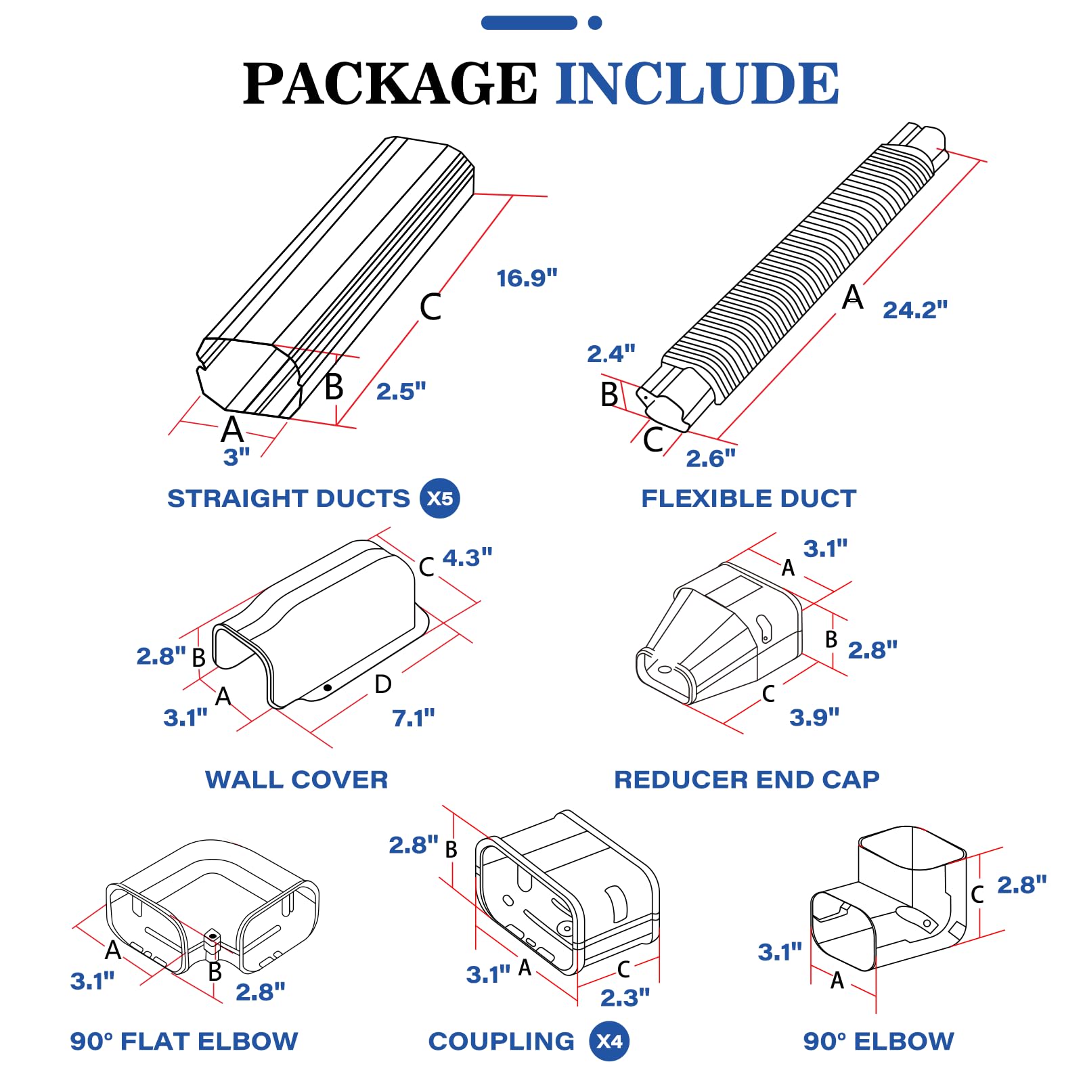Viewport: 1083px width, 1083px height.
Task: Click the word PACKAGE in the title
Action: pyautogui.click(x=390, y=84)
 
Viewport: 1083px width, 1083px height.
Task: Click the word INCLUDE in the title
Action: pyautogui.click(x=697, y=84)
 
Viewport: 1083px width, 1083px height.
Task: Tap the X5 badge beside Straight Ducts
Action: pyautogui.click(x=440, y=498)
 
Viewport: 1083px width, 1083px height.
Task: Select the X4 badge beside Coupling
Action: pyautogui.click(x=609, y=1041)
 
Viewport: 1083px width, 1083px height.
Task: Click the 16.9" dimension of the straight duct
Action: pyautogui.click(x=527, y=278)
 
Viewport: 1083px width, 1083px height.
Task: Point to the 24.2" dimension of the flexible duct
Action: pyautogui.click(x=914, y=310)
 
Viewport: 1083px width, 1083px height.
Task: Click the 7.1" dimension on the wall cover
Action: pyautogui.click(x=413, y=717)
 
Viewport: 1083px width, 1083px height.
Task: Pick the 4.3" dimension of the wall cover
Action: pyautogui.click(x=467, y=558)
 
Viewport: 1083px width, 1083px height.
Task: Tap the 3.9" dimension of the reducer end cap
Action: pyautogui.click(x=814, y=717)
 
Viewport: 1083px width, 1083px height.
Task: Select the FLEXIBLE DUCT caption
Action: pyautogui.click(x=749, y=499)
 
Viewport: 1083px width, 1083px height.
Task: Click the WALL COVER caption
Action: pyautogui.click(x=296, y=780)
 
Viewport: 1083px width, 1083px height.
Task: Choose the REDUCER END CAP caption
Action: pyautogui.click(x=747, y=780)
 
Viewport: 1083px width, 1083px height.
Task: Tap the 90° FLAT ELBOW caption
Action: pyautogui.click(x=184, y=1041)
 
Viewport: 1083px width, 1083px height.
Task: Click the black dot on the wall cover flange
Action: pyautogui.click(x=328, y=688)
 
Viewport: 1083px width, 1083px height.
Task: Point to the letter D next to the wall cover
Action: pyautogui.click(x=383, y=684)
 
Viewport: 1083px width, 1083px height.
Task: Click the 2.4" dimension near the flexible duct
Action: pyautogui.click(x=611, y=354)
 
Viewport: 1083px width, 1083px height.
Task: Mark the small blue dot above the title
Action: pyautogui.click(x=595, y=23)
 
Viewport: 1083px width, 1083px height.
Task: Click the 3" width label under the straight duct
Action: pyautogui.click(x=236, y=457)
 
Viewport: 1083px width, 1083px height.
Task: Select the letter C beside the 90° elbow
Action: pyautogui.click(x=977, y=894)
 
